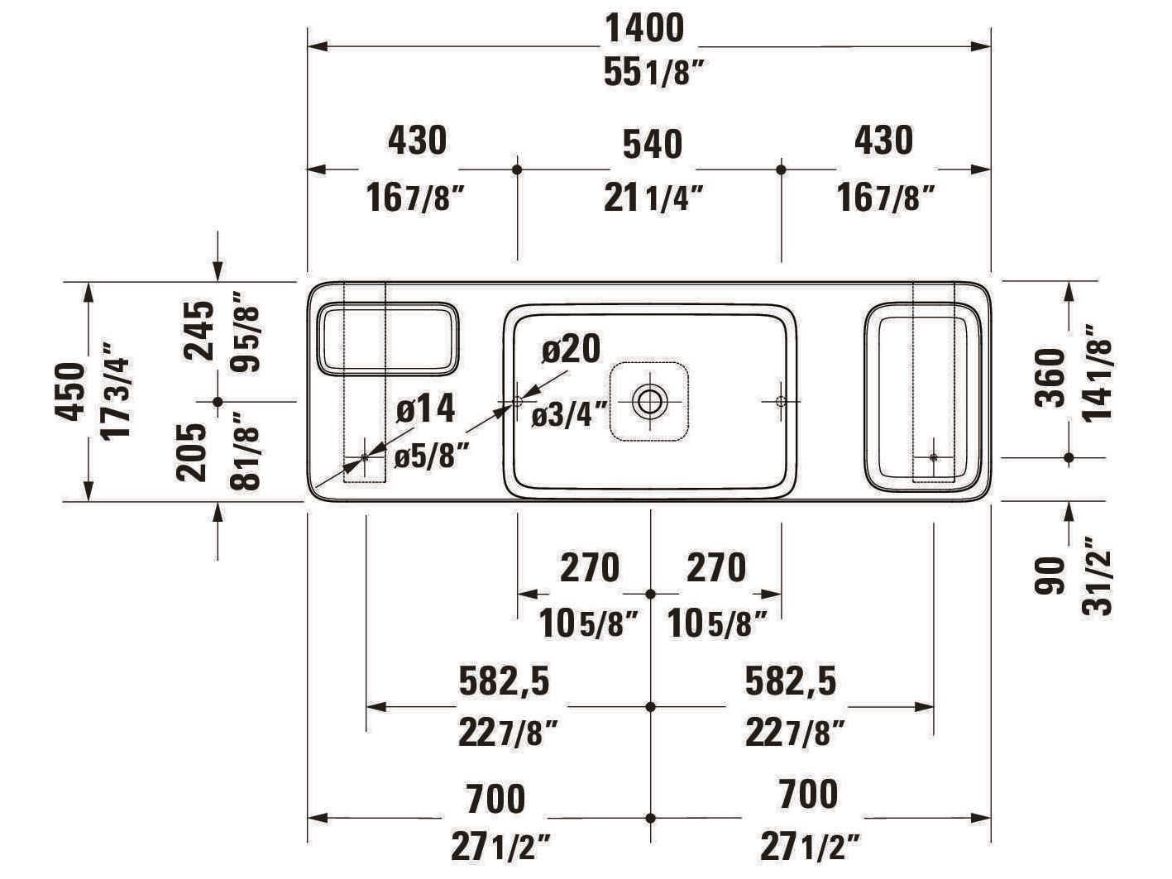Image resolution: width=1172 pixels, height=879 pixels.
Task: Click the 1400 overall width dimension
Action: pyautogui.click(x=645, y=29)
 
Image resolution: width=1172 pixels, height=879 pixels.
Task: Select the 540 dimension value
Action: pyautogui.click(x=653, y=144)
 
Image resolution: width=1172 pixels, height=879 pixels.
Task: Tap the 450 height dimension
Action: pyautogui.click(x=74, y=391)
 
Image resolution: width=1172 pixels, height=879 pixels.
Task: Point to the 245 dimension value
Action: pyautogui.click(x=200, y=330)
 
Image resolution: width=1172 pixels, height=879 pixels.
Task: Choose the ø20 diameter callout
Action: pyautogui.click(x=571, y=349)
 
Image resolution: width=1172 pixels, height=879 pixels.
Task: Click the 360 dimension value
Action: pyautogui.click(x=1051, y=377)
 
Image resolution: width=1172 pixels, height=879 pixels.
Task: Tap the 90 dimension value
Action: pyautogui.click(x=1050, y=576)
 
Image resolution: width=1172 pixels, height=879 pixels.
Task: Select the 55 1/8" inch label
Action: pyautogui.click(x=653, y=74)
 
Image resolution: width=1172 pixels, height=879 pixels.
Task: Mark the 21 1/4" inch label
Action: pyautogui.click(x=653, y=198)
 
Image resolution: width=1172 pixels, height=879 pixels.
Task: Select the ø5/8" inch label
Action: pyautogui.click(x=431, y=455)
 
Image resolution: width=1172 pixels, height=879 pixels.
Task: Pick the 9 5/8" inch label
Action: pyautogui.click(x=246, y=332)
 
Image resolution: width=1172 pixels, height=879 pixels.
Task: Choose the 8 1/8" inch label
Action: pyautogui.click(x=246, y=451)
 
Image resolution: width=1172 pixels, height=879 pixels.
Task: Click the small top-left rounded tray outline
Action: pyautogui.click(x=387, y=337)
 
